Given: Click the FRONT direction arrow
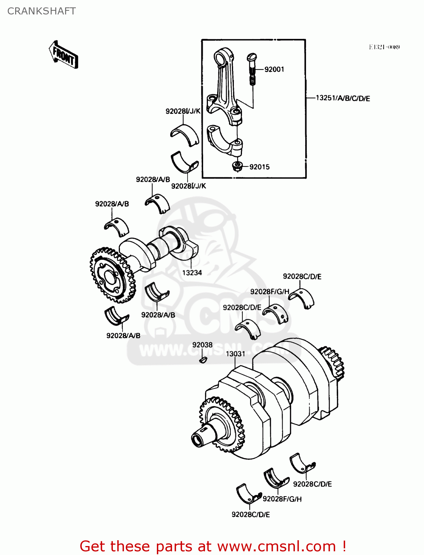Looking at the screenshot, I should (x=63, y=55).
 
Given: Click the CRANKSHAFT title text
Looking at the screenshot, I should (x=41, y=11).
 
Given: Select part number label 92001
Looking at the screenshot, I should (x=274, y=69).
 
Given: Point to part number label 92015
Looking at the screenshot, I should (x=259, y=167).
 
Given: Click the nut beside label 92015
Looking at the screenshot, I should (x=236, y=166).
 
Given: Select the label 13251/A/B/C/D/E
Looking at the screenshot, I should (x=343, y=98).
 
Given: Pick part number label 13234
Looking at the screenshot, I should (x=192, y=273).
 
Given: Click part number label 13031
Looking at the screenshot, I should (x=235, y=354).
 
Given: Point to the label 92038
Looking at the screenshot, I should (x=202, y=345).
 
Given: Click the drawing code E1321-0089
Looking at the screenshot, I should (x=384, y=47).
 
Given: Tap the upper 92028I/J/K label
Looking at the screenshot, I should (x=183, y=111).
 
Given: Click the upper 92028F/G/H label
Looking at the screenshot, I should (x=270, y=292).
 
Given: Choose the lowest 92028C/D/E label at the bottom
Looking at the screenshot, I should (x=250, y=514).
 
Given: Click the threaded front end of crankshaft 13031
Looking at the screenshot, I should (x=199, y=438).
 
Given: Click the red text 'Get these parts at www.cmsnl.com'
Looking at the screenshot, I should (x=213, y=546).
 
